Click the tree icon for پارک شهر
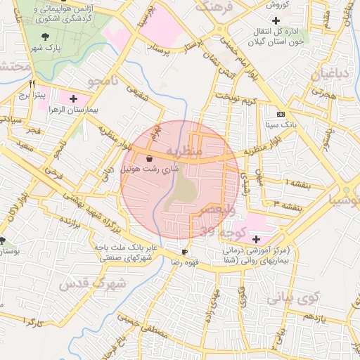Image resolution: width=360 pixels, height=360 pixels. point(46,36)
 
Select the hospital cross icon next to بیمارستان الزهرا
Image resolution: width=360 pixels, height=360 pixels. point(73,98)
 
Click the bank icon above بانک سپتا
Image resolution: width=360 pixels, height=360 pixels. point(281,114)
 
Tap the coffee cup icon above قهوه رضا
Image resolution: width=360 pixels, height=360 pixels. point(184,252)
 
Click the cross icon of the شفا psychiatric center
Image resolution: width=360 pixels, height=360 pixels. point(255,240)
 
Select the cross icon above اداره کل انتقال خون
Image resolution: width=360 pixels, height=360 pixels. point(285,20)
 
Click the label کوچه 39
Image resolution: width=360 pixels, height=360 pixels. point(221,231)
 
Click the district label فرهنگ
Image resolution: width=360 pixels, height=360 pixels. point(214,8)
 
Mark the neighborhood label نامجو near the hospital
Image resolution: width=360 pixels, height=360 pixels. point(101,83)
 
